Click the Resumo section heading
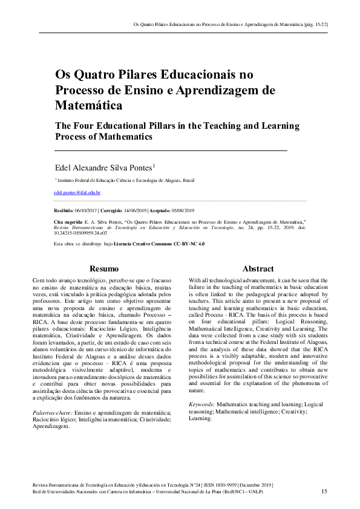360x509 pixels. pos(103,268)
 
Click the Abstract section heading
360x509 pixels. pos(258,268)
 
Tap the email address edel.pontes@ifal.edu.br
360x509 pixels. pos(77,192)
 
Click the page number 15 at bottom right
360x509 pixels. pos(324,491)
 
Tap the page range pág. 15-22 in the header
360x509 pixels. pos(314,25)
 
